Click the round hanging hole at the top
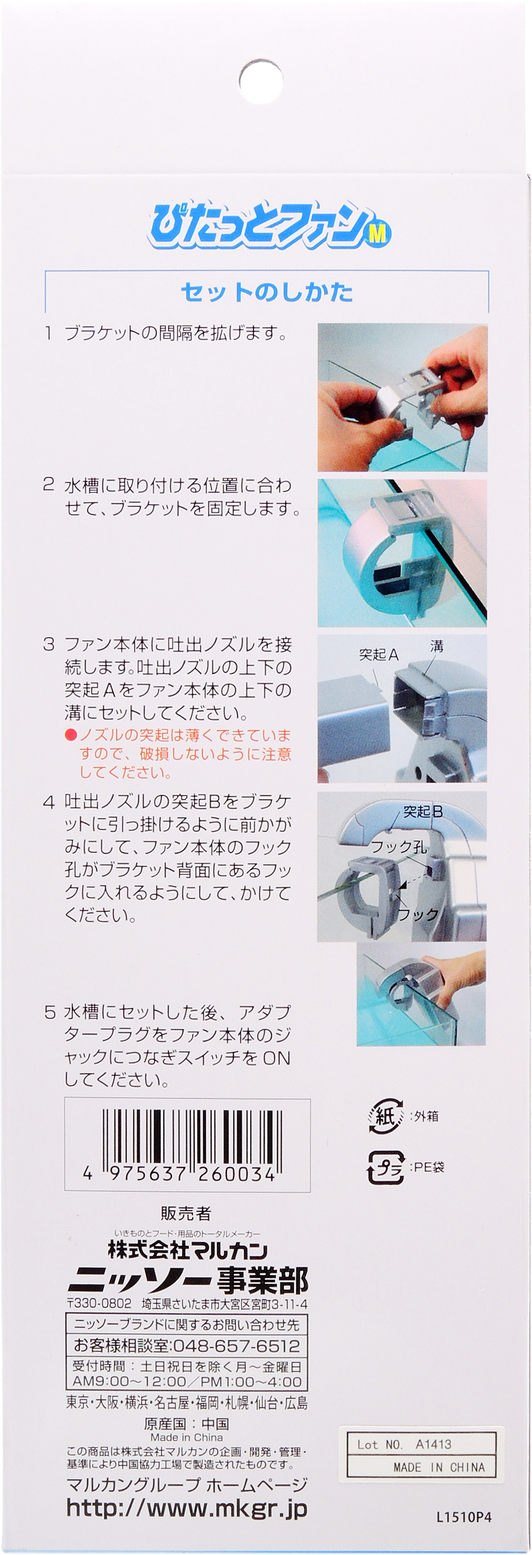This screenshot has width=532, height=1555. (261, 82)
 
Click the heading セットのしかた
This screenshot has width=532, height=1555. (267, 292)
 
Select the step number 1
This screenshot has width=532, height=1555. (49, 332)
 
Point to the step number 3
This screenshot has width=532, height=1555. (49, 644)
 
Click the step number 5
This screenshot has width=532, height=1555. (49, 1012)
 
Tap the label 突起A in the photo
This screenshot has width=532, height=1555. (379, 654)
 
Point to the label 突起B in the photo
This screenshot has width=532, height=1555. (423, 811)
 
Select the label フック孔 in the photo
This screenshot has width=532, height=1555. (398, 846)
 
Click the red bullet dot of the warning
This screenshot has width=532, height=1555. (71, 735)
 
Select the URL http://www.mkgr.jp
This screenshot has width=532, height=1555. (187, 1509)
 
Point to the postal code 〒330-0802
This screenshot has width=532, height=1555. (98, 1304)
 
